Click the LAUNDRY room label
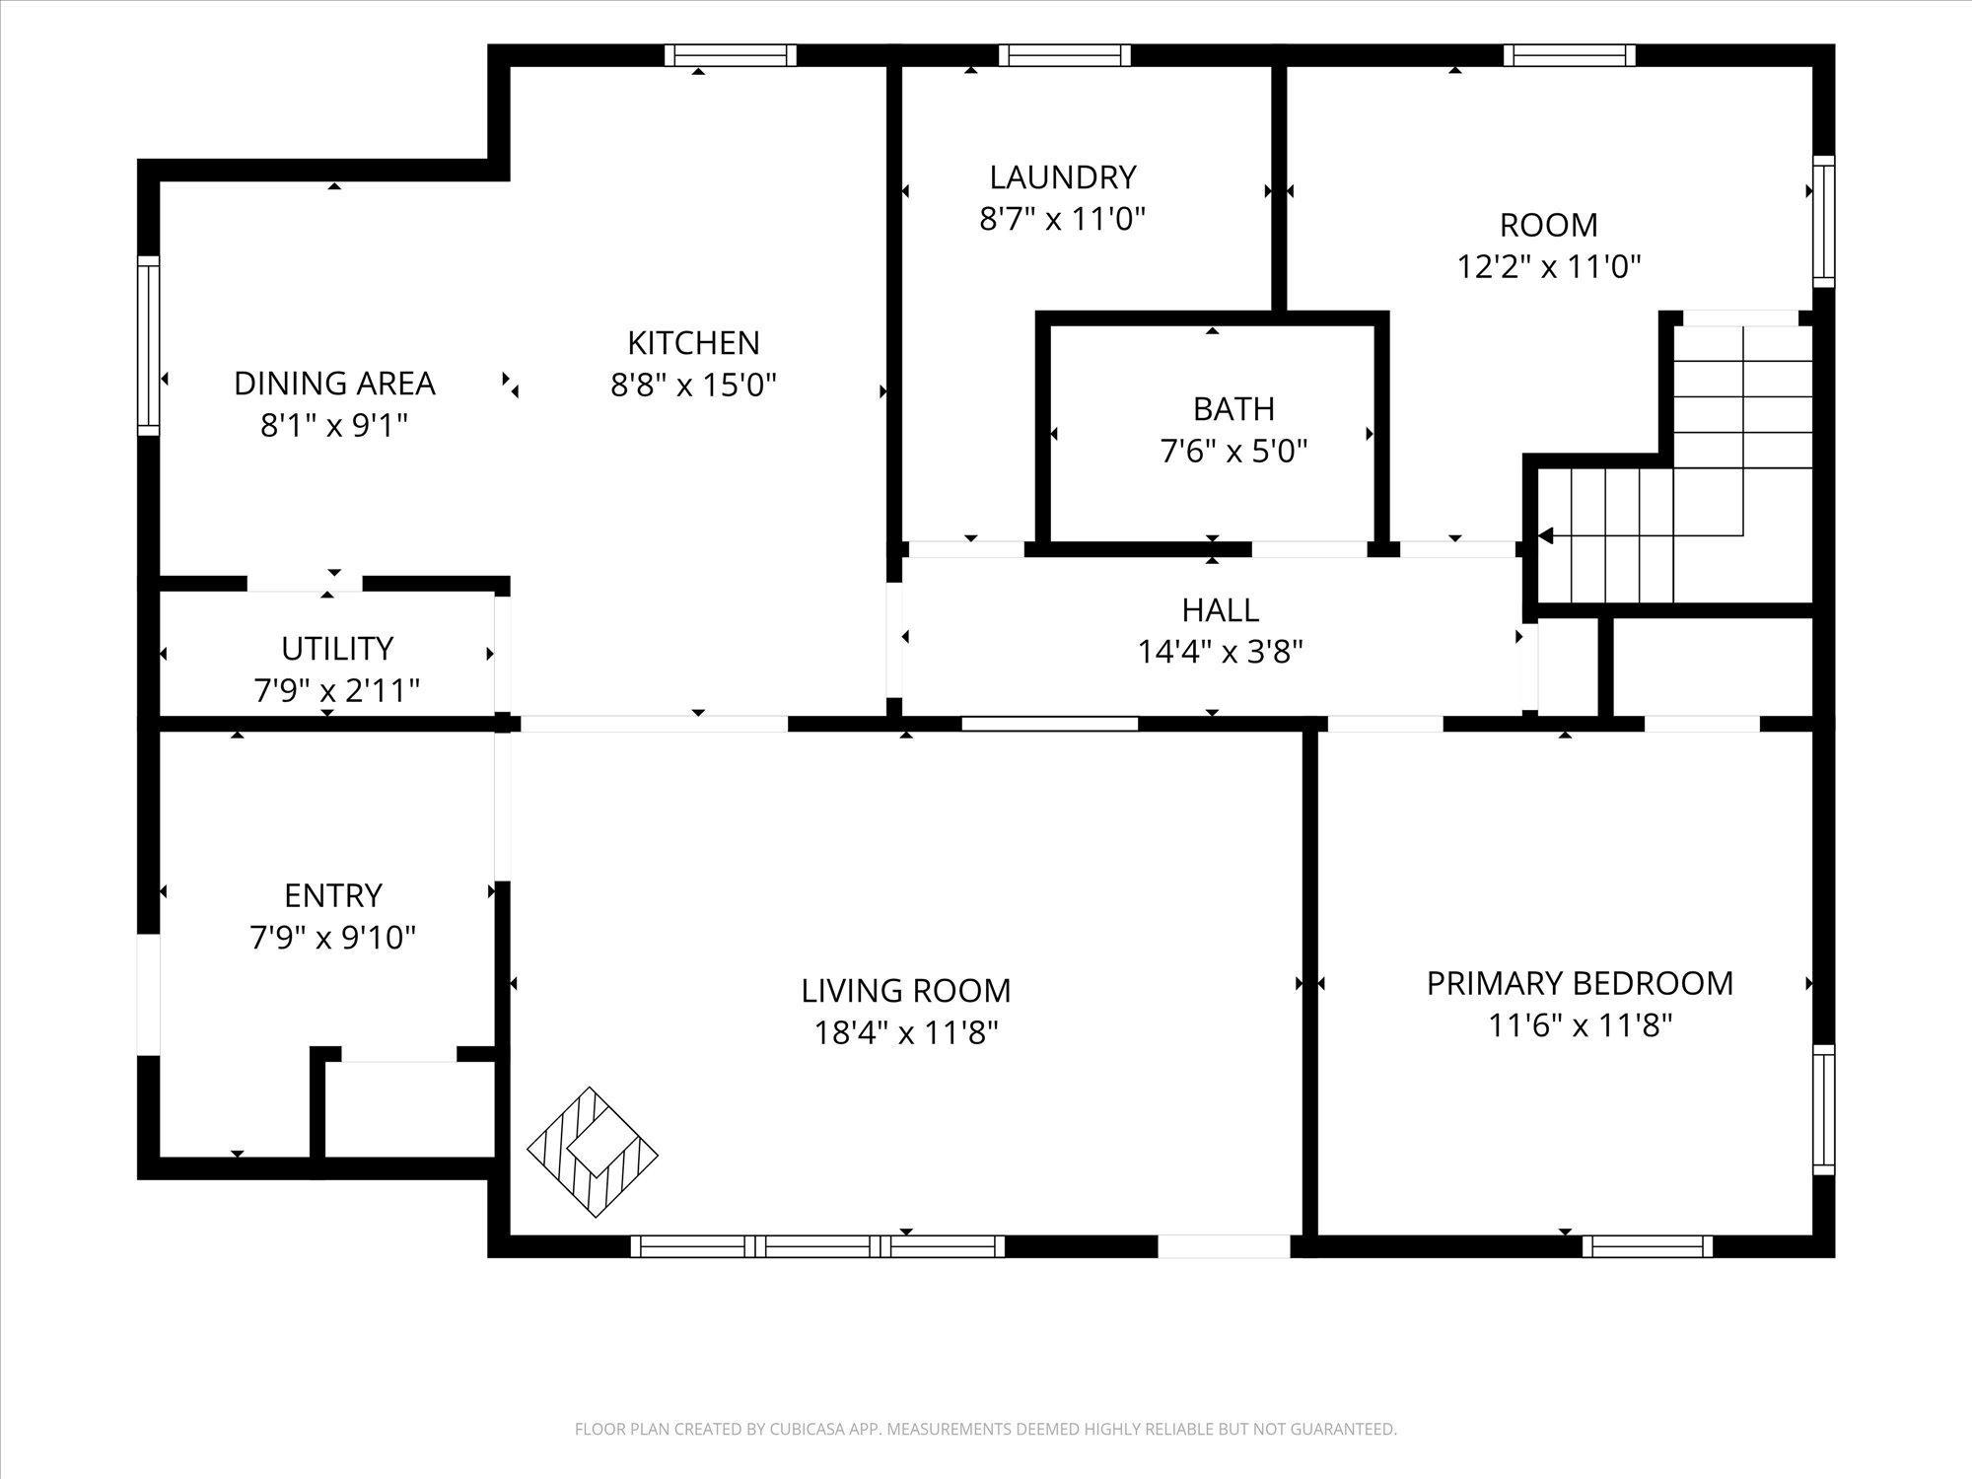1063,177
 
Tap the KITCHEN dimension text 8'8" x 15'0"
694,385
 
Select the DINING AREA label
334,383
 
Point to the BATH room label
1233,408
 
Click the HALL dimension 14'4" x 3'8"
1221,652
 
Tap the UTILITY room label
337,649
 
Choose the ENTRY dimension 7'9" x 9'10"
333,937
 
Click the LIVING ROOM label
906,990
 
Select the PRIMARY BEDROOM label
1580,983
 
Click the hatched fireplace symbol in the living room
593,1152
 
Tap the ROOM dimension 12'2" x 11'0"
1549,266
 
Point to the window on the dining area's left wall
148,345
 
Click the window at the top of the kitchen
730,55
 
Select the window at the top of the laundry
1065,55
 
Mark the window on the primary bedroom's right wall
1824,1109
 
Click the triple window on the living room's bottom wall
817,1246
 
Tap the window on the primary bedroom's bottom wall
1648,1246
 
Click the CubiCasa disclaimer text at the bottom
986,1429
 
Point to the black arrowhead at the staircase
1545,536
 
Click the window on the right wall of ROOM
1824,222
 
